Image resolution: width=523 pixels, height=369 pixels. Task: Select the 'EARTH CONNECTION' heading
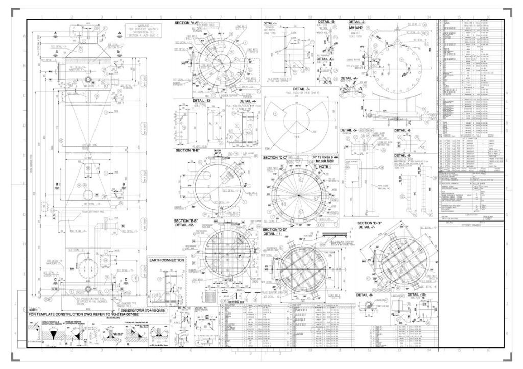(x=166, y=260)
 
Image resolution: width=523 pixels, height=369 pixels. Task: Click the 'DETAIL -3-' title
(x=298, y=90)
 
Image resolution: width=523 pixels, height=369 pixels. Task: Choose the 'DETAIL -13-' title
(x=203, y=101)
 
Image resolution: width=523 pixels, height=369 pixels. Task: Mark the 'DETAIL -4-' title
(x=247, y=101)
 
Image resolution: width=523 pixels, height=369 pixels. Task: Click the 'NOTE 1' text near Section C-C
(x=325, y=167)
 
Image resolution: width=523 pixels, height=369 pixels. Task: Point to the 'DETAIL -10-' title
(x=415, y=295)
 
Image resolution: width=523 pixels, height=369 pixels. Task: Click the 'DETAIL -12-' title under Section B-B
(x=185, y=225)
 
